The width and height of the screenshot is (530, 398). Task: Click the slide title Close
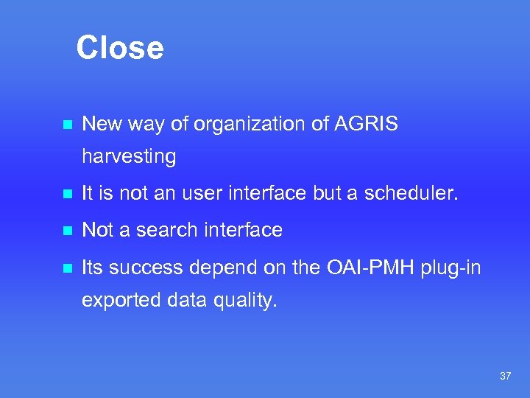(x=119, y=48)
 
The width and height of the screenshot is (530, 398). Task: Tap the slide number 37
(x=505, y=376)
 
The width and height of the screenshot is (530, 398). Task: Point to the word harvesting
(x=129, y=157)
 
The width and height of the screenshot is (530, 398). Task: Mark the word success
(x=152, y=268)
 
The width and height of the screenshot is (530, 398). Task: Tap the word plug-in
(x=451, y=268)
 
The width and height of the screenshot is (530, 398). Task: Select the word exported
(x=118, y=300)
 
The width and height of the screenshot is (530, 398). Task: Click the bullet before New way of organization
(x=66, y=125)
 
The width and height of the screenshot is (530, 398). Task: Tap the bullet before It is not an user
(x=66, y=195)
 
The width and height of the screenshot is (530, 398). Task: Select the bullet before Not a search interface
(x=66, y=231)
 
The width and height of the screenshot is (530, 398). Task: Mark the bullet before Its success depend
(x=66, y=268)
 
